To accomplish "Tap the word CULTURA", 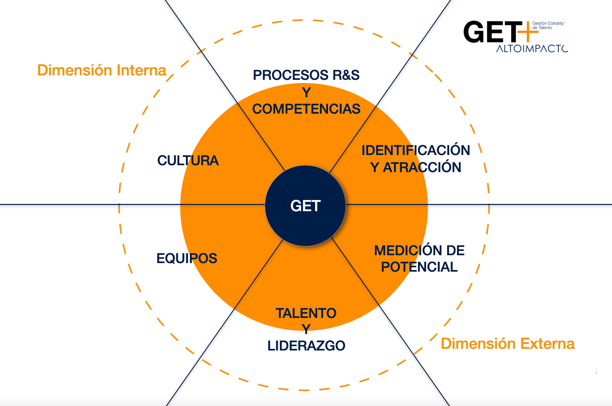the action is pyautogui.click(x=188, y=161).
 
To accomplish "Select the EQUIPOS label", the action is pyautogui.click(x=187, y=259).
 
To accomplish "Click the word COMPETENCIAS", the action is pyautogui.click(x=306, y=109).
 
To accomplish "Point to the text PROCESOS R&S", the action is pyautogui.click(x=306, y=75).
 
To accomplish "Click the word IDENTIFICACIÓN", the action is pyautogui.click(x=416, y=150).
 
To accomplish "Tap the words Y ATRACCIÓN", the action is pyautogui.click(x=416, y=168).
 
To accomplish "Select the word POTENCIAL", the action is pyautogui.click(x=419, y=267).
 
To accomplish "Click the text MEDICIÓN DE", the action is pyautogui.click(x=419, y=251).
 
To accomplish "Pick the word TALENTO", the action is pyautogui.click(x=306, y=313).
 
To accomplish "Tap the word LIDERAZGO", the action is pyautogui.click(x=306, y=346).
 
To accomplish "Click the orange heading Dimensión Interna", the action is pyautogui.click(x=102, y=71).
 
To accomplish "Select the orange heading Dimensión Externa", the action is pyautogui.click(x=508, y=344).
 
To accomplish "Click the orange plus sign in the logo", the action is pyautogui.click(x=527, y=32).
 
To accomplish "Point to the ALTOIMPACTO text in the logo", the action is pyautogui.click(x=532, y=49).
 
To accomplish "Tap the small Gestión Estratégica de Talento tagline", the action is pyautogui.click(x=548, y=26).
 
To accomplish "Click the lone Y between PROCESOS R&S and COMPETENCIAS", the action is pyautogui.click(x=306, y=93).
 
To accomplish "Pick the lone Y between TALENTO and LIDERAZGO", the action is pyautogui.click(x=306, y=329).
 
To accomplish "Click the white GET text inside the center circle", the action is pyautogui.click(x=305, y=206).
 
